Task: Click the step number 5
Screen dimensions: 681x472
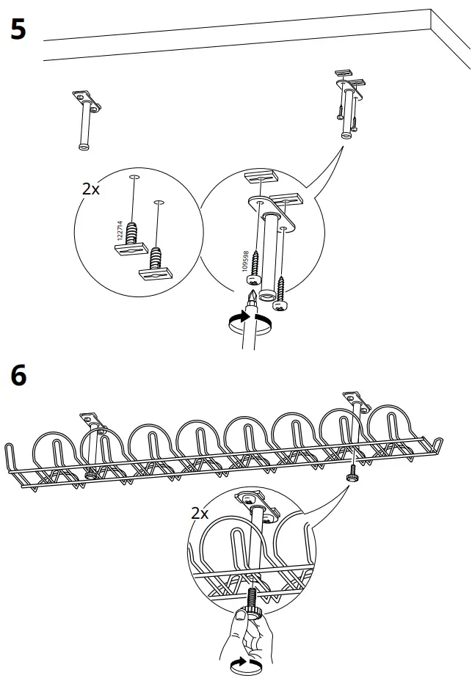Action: (x=19, y=30)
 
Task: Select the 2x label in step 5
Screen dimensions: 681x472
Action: (x=91, y=189)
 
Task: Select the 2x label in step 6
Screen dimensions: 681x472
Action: (x=200, y=513)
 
